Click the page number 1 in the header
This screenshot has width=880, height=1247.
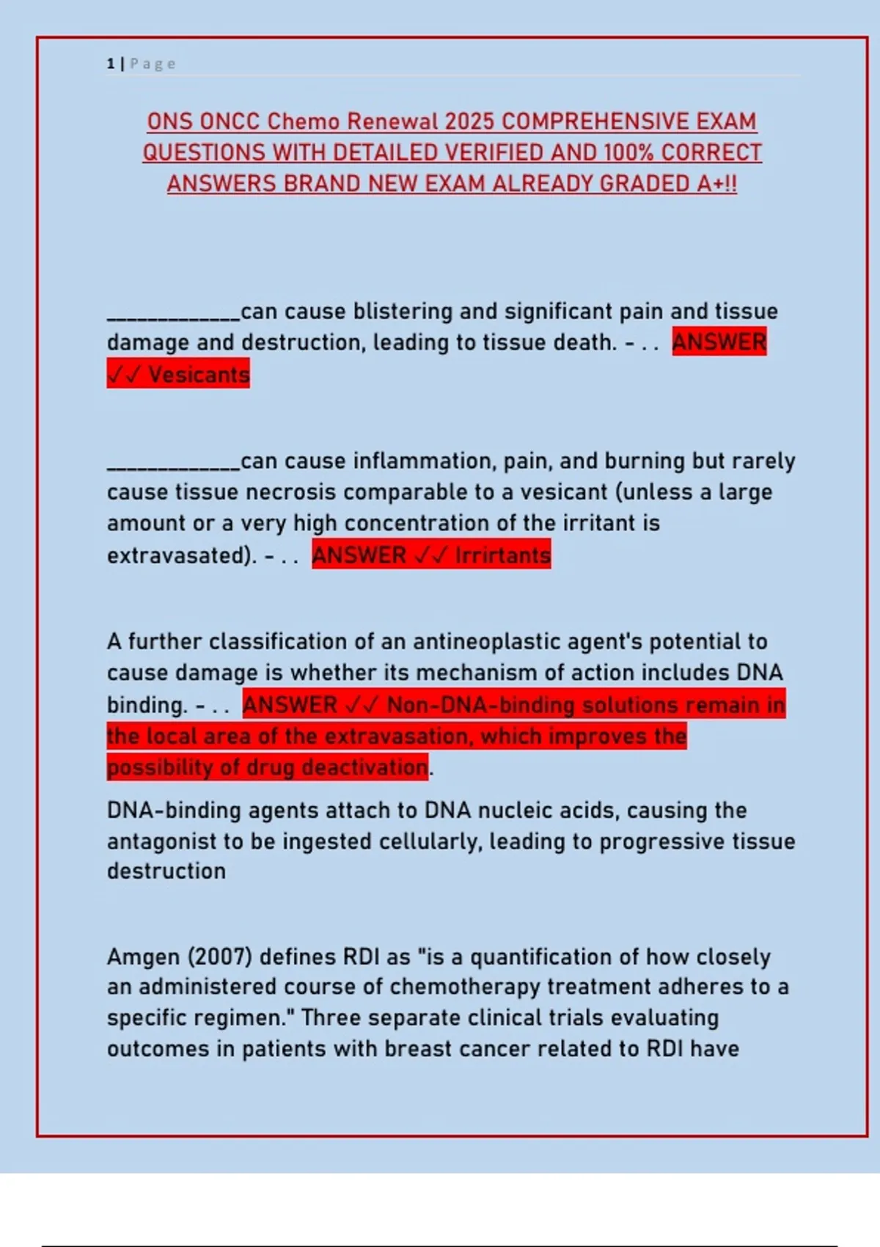(x=111, y=64)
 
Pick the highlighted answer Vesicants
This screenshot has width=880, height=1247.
(x=199, y=375)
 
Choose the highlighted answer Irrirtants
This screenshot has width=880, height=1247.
(x=502, y=555)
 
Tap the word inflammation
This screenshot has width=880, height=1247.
(x=421, y=461)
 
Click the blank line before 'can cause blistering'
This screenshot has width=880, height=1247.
(x=173, y=315)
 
